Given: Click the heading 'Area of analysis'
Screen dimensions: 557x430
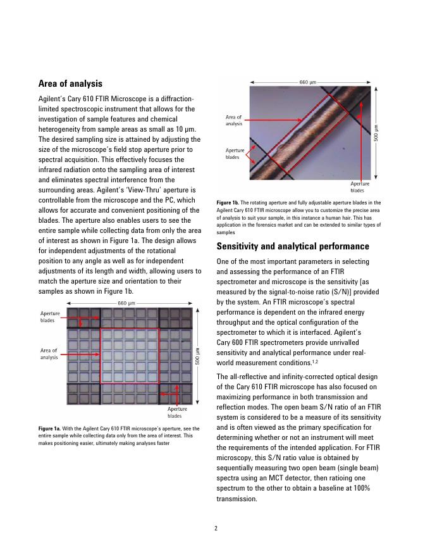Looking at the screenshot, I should tap(70, 84).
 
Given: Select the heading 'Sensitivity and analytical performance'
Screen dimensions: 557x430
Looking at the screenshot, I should tap(293, 246).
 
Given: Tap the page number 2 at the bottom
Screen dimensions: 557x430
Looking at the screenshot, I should tap(215, 529).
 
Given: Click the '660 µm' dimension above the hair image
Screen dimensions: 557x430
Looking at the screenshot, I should tap(308, 82).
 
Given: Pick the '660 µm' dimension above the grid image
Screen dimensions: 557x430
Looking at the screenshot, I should tap(127, 303).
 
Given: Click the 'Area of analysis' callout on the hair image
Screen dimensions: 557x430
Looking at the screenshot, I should tap(234, 120).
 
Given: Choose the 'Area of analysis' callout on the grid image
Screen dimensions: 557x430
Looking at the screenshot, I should tap(49, 354).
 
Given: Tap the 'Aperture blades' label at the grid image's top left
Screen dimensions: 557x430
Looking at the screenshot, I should tap(49, 316).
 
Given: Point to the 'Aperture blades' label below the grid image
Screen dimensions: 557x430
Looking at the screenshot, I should tap(176, 412).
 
